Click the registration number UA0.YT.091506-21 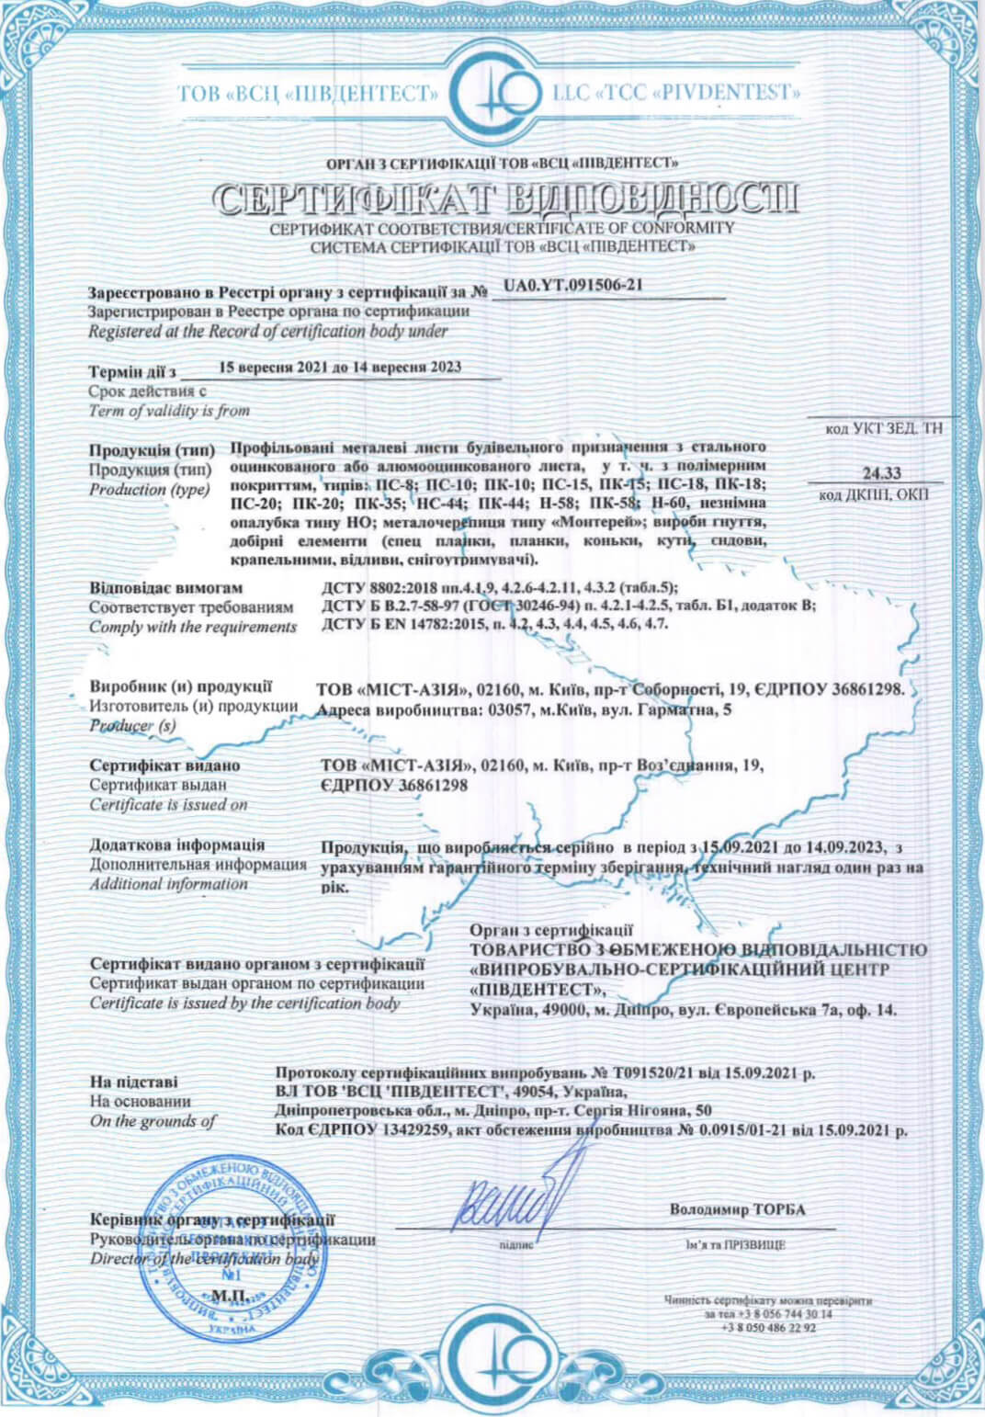point(572,286)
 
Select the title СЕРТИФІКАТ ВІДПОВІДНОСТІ point(505,198)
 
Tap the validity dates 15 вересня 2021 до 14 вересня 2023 point(341,367)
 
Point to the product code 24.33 point(881,473)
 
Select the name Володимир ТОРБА point(737,1209)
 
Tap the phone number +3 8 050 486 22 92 point(768,1327)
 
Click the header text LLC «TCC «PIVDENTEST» point(676,93)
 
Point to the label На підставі point(133,1082)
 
